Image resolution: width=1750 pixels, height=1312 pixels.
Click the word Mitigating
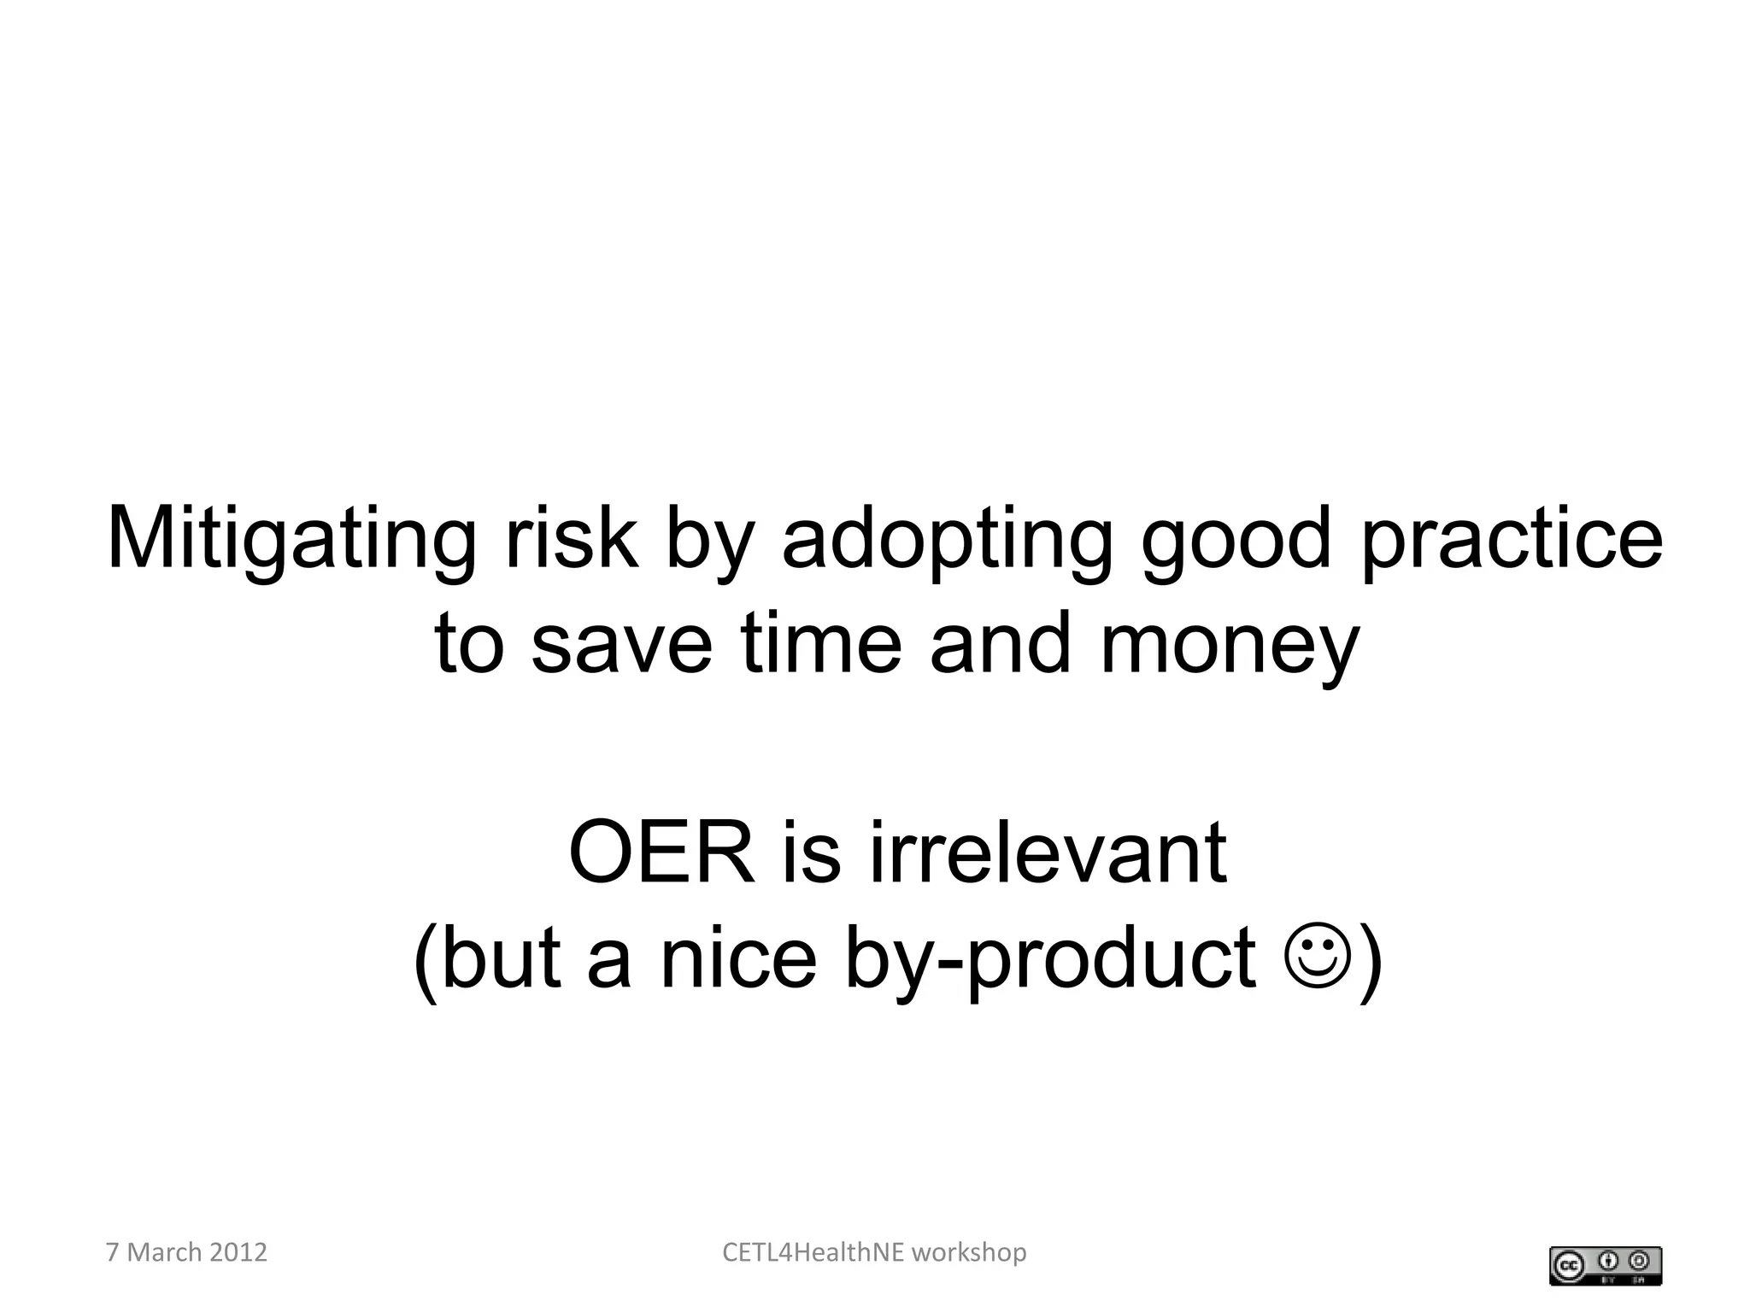(x=291, y=540)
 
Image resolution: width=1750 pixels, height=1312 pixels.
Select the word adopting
(x=948, y=540)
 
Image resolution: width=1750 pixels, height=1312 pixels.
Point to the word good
(x=1236, y=540)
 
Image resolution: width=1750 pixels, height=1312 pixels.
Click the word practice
(x=1511, y=540)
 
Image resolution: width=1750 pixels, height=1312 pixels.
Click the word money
(x=1229, y=645)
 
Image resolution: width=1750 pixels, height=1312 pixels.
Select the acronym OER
(x=662, y=853)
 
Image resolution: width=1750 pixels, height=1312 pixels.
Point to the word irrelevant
(x=1048, y=853)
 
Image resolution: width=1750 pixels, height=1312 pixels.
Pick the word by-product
(x=1051, y=959)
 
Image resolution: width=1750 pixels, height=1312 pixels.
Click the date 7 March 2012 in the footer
(x=186, y=1252)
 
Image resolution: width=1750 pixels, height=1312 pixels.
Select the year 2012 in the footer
(x=238, y=1252)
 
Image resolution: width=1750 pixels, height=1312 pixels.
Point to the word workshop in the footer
(x=969, y=1252)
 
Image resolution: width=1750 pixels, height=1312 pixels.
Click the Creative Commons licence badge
(x=1606, y=1266)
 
